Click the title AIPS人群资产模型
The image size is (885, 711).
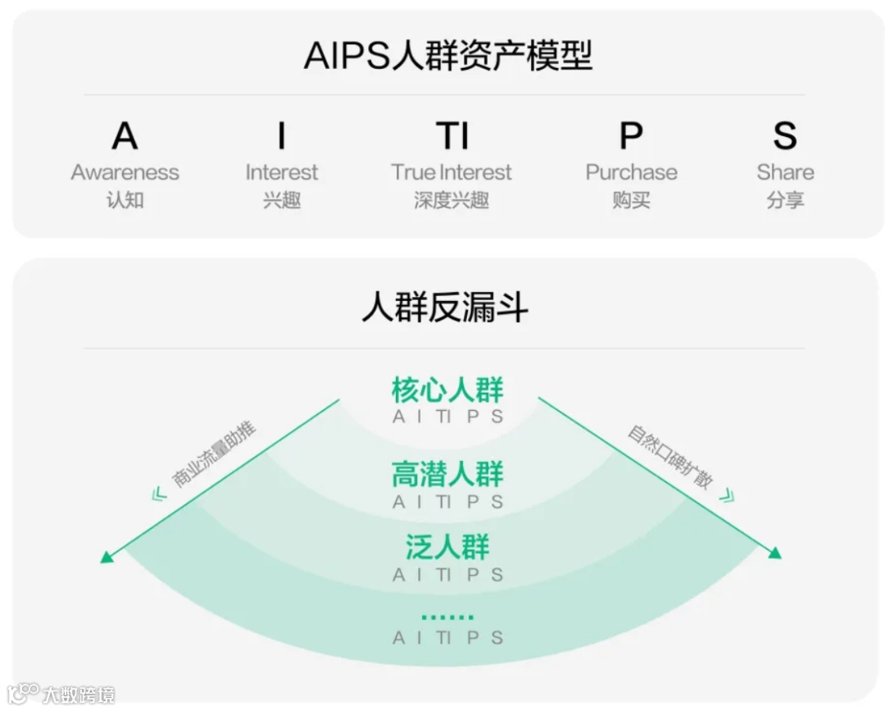[x=447, y=56]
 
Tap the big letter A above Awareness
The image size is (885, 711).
[x=125, y=135]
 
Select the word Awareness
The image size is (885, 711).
[x=125, y=172]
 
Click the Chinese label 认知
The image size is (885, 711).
[x=125, y=199]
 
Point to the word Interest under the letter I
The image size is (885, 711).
[x=282, y=172]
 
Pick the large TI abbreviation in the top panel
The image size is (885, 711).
[x=452, y=135]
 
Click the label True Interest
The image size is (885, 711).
[x=452, y=172]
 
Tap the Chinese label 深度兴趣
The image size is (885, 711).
[x=452, y=199]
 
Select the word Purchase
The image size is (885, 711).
[x=631, y=172]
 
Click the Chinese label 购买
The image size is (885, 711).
[x=631, y=199]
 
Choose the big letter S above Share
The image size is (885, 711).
[x=785, y=135]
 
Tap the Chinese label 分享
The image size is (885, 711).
[x=785, y=199]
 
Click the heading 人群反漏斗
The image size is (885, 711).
[x=445, y=308]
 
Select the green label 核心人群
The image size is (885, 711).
[x=447, y=390]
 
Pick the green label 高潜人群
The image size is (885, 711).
[x=447, y=474]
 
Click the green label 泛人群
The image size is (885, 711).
[x=447, y=546]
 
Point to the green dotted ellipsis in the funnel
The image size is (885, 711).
[x=447, y=617]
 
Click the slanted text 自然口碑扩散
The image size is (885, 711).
[x=671, y=456]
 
